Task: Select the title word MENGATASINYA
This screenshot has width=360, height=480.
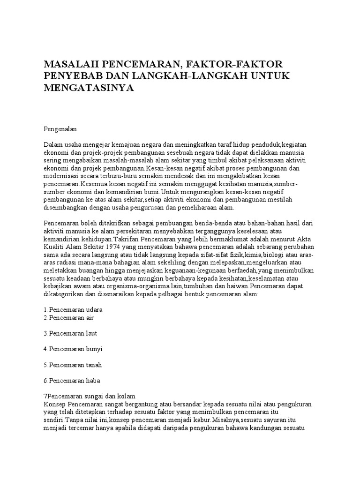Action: (89, 88)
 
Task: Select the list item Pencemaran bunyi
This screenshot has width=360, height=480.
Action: (73, 349)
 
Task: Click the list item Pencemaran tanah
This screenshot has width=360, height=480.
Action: (73, 365)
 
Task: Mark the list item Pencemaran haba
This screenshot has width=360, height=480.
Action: (72, 380)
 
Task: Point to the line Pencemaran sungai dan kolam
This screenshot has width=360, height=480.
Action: (89, 396)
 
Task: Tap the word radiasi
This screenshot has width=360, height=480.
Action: (68, 262)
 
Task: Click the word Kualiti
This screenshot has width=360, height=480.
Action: (54, 247)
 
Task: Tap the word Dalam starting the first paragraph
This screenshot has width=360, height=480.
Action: (53, 144)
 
